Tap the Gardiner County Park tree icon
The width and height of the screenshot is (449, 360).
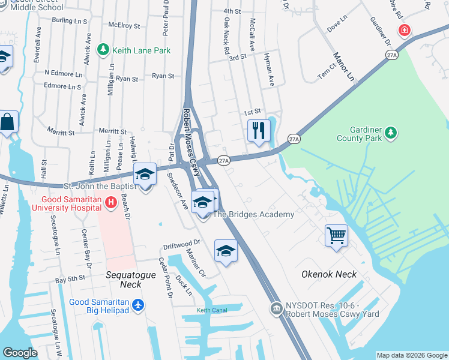pos(391,131)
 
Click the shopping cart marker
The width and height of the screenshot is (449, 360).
pos(336,235)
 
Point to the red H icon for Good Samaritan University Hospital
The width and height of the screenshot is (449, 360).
pos(110,203)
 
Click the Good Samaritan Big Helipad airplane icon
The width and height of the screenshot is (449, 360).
pos(139,305)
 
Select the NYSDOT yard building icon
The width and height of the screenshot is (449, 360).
pos(276,308)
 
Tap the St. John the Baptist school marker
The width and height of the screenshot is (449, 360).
pos(144,175)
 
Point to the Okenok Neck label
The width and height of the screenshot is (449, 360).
pos(329,274)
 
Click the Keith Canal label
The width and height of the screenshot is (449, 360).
pos(213,310)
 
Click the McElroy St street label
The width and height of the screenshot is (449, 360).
pos(124,26)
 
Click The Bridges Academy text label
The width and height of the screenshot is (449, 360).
pos(254,214)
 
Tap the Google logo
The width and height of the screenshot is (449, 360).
pos(20,353)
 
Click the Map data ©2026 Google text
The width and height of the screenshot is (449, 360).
pos(411,355)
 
